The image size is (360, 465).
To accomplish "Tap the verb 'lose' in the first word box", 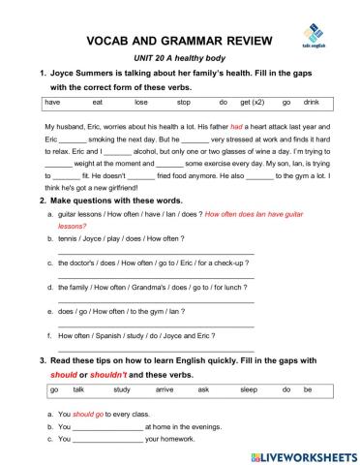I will (141, 101).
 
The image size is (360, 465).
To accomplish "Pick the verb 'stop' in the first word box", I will (183, 101).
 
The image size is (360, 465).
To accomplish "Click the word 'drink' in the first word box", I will (311, 101).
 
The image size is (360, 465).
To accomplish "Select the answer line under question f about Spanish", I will (155, 349).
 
